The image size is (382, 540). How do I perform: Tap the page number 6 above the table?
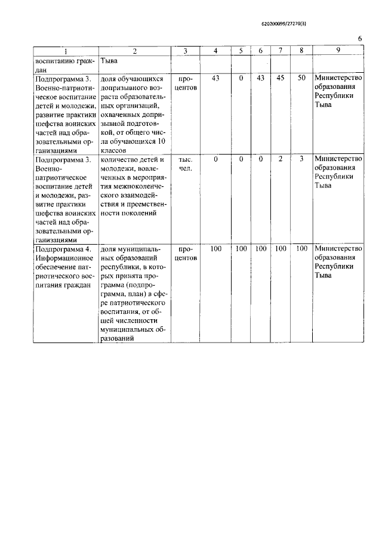tap(360, 39)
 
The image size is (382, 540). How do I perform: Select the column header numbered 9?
tap(338, 51)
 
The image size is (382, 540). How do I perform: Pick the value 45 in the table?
tap(281, 78)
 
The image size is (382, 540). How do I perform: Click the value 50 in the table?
tap(302, 78)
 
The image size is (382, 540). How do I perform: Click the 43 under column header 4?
tap(216, 78)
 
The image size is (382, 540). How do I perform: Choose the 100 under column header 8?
tap(302, 248)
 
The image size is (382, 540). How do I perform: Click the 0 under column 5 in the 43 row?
tap(241, 78)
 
